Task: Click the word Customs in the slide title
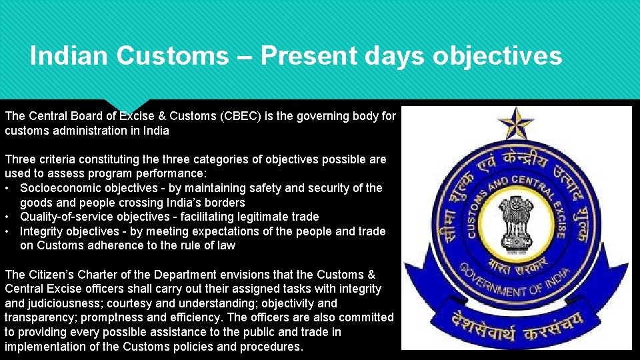[172, 56]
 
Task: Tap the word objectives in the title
[497, 56]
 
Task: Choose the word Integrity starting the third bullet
[43, 231]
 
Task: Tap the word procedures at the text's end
[270, 347]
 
